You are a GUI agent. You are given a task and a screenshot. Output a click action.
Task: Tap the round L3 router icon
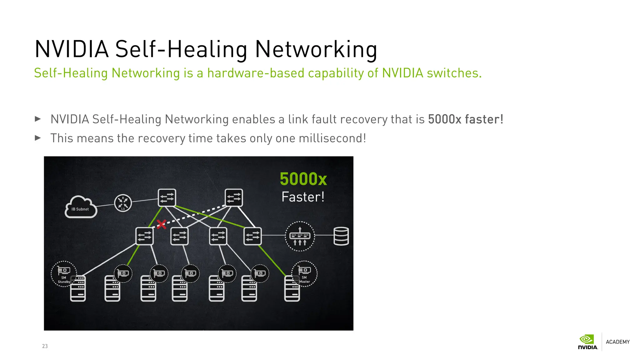point(123,203)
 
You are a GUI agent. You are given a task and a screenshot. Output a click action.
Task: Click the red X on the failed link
point(161,224)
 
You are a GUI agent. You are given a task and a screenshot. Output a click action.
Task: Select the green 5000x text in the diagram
point(303,179)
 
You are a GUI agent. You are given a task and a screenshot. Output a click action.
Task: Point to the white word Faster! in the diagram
point(303,197)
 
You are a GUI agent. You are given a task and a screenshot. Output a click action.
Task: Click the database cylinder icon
point(341,236)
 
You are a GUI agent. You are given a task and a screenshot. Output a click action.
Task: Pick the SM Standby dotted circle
point(64,273)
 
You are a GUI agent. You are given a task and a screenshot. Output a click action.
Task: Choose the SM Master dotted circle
point(304,273)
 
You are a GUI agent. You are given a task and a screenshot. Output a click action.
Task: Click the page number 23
point(45,346)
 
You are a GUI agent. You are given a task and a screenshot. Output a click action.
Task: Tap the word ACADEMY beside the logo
point(617,342)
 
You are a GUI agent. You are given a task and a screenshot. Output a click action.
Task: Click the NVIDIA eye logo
point(587,339)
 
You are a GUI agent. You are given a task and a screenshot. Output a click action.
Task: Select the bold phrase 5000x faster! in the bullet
point(466,119)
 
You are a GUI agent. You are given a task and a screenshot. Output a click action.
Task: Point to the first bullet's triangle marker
point(38,119)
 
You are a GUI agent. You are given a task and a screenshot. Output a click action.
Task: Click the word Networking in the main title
point(316,49)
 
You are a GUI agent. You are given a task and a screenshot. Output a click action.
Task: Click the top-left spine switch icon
point(167,197)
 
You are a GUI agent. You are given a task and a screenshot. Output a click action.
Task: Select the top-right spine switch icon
point(234,197)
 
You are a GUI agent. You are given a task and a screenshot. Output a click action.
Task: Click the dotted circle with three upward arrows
point(300,236)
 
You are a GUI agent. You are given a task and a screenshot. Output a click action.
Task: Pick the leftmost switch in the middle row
point(144,236)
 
